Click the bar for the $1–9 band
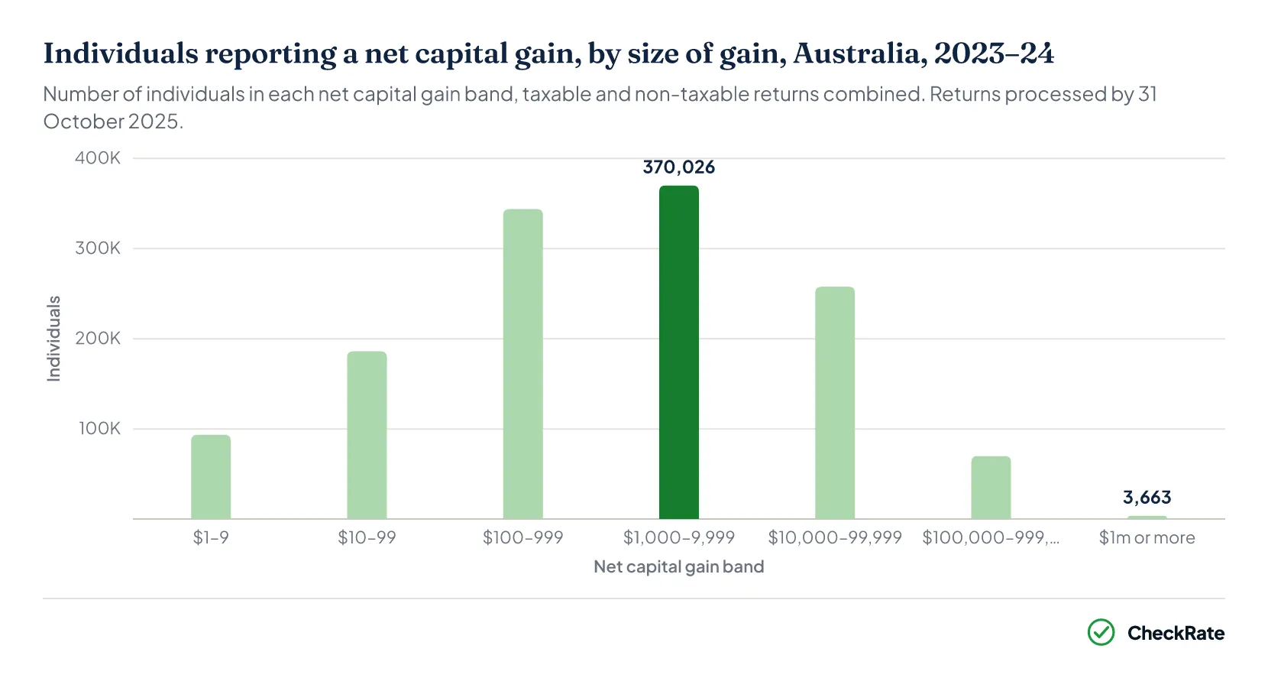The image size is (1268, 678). [211, 477]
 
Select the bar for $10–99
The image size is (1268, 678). [367, 435]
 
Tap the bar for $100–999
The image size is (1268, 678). [523, 364]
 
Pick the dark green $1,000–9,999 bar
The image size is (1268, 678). [679, 352]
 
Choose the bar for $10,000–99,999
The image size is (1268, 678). [835, 403]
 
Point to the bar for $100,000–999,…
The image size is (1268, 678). [991, 488]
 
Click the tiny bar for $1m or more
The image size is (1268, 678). [1147, 517]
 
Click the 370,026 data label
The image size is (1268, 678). [679, 167]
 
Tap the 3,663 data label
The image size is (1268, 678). [1147, 498]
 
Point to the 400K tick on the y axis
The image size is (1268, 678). [97, 158]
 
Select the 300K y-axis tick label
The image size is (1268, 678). [97, 248]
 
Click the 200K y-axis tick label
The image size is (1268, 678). [97, 338]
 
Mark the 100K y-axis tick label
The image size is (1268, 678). [99, 428]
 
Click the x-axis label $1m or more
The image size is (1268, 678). [1147, 537]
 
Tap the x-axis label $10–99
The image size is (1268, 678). [367, 537]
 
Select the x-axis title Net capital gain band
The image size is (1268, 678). [679, 566]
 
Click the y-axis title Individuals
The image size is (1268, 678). [53, 339]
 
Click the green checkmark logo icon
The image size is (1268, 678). [1101, 632]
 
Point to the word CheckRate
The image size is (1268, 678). [1176, 633]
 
